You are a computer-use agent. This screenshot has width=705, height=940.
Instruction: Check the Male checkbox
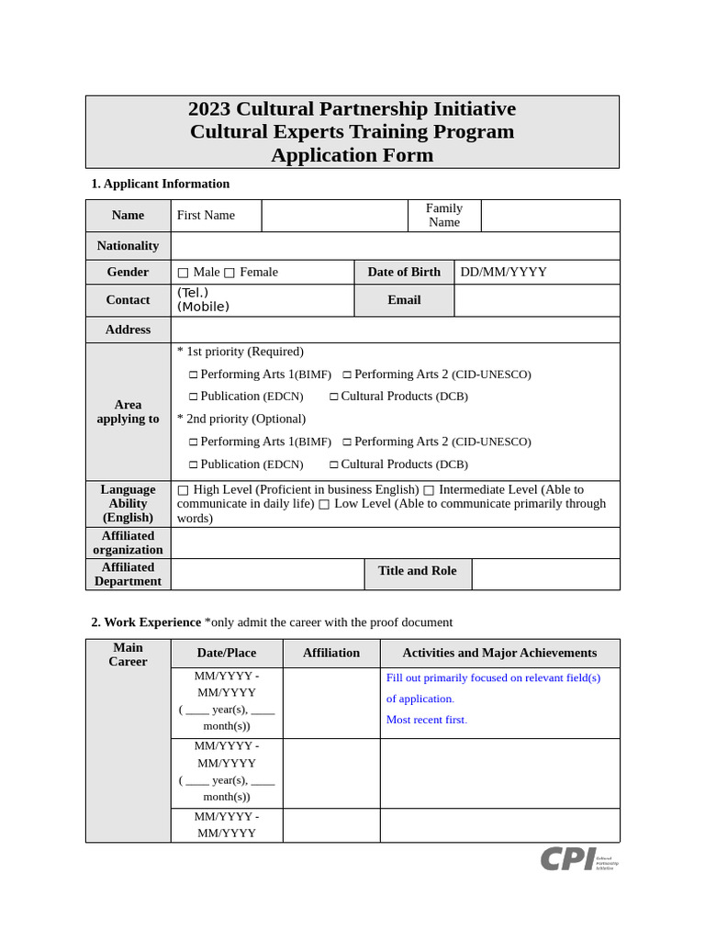pos(183,273)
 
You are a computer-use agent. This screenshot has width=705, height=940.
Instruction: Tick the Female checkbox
pos(229,273)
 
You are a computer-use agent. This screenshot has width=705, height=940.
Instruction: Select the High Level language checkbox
pos(183,490)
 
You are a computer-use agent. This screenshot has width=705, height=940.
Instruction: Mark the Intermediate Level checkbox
pos(429,490)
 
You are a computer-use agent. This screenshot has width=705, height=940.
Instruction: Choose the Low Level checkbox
pos(324,504)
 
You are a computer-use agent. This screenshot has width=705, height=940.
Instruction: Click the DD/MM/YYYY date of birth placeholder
pos(503,272)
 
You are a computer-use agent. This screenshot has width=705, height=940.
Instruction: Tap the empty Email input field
pos(536,300)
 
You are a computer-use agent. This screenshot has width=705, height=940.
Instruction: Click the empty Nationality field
pos(395,246)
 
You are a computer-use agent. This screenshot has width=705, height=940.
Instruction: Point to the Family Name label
pos(444,215)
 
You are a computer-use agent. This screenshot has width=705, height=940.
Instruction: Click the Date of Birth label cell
pos(404,272)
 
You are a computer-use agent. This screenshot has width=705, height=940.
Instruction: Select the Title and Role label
pos(417,571)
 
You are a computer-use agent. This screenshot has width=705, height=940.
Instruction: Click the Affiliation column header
pos(331,653)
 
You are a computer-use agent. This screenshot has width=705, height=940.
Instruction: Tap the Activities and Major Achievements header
pos(499,653)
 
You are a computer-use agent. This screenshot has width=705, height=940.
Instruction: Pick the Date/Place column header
pos(227,653)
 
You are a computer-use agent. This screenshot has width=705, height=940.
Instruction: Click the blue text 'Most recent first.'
pos(427,720)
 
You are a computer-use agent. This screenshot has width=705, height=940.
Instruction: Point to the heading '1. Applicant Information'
pos(160,184)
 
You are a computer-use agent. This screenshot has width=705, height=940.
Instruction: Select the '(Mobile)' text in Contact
pos(203,307)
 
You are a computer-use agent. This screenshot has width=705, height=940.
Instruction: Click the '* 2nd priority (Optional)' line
pos(241,419)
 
